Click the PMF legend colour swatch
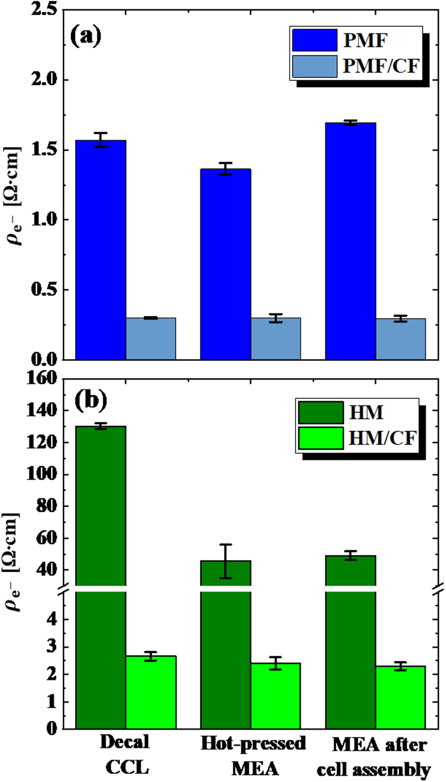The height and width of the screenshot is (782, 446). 314,41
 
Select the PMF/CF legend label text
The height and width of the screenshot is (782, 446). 380,66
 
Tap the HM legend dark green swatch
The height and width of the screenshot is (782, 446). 320,412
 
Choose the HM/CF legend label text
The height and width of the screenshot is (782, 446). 382,438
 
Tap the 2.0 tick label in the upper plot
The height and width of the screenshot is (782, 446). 45,79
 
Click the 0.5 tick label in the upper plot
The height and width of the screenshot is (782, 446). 45,290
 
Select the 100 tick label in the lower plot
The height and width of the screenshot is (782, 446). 42,474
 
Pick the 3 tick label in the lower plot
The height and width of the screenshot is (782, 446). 52,647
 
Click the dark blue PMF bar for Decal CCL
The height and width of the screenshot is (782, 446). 101,250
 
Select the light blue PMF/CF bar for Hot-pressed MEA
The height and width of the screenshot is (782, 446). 276,339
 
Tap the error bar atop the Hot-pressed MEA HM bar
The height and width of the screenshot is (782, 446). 226,561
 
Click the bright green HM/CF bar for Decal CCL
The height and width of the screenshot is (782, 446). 151,691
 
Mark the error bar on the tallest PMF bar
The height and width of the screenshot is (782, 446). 351,123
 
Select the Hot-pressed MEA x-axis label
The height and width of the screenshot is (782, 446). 253,755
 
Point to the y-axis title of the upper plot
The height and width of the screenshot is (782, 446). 13,196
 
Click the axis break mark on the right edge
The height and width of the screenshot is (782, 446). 438,589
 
